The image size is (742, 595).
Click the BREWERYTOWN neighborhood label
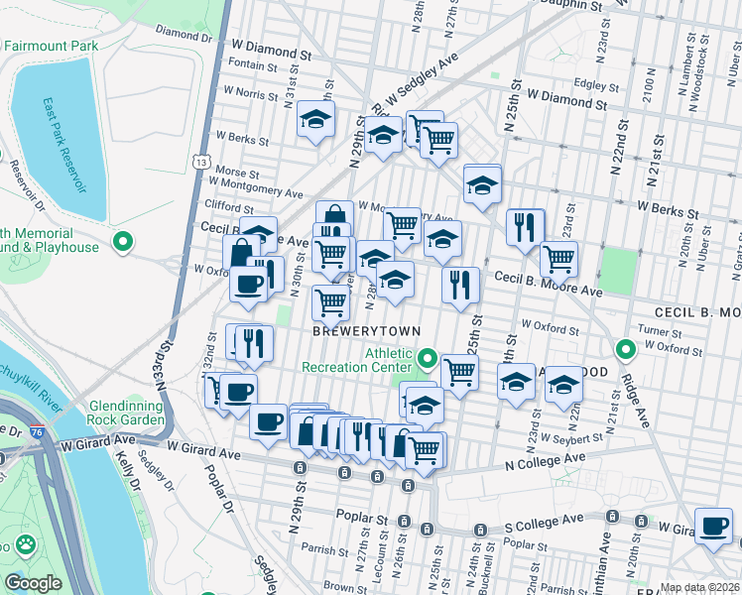[367, 330]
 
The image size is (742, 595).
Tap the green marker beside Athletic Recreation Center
[428, 357]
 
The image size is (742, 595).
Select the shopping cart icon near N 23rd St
[558, 258]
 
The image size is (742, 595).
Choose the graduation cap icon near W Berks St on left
[315, 120]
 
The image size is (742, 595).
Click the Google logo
[33, 582]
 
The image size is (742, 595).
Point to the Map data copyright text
[700, 587]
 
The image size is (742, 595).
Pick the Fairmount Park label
[50, 46]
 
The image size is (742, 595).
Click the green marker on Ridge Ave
[626, 349]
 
